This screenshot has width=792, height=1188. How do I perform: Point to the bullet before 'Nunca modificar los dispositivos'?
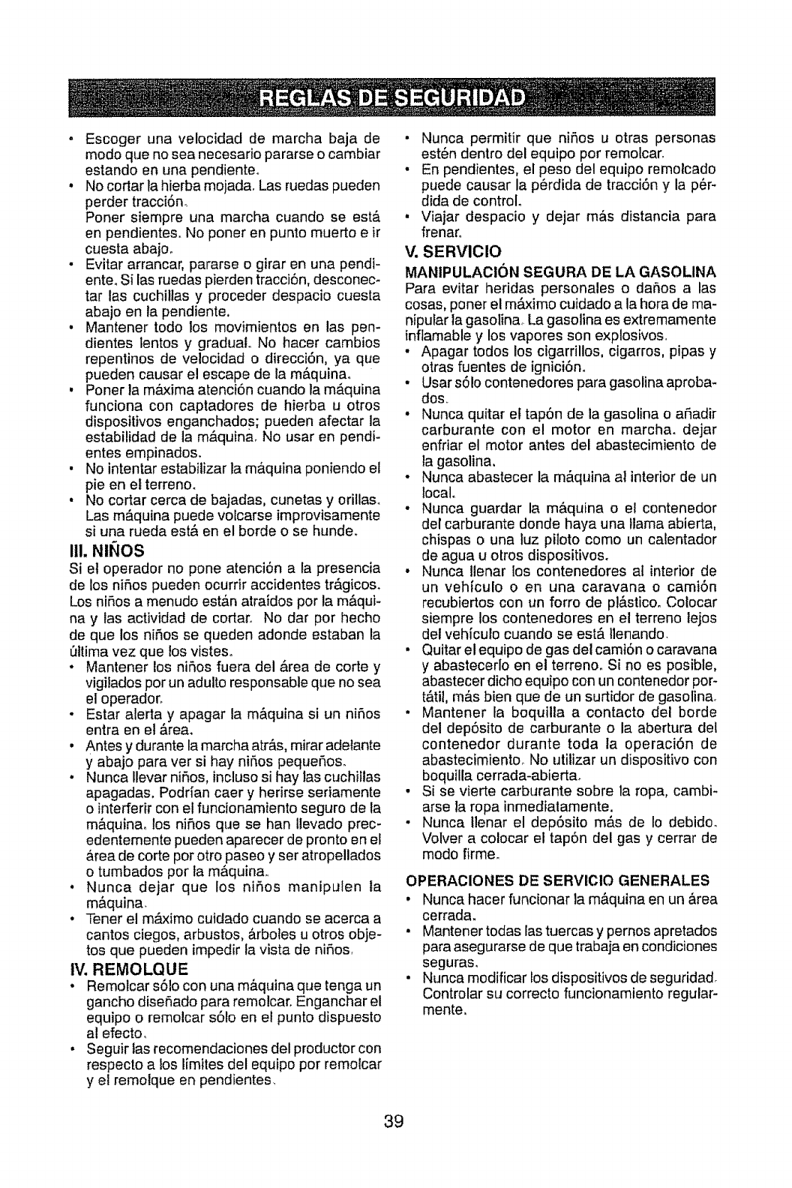click(409, 979)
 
